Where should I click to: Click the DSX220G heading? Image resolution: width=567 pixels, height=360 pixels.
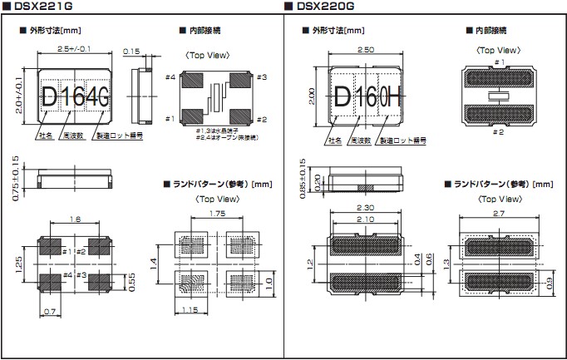point(324,7)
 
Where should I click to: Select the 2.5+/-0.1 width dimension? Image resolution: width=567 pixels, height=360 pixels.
point(75,50)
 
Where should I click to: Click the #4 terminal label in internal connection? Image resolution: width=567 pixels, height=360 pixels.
point(170,77)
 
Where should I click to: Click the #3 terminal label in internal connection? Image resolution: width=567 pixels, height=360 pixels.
point(260,77)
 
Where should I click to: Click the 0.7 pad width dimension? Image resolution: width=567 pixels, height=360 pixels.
point(50,311)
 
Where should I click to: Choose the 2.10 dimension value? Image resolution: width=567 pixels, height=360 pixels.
point(366,219)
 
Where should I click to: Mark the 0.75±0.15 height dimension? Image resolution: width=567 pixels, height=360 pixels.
point(16,175)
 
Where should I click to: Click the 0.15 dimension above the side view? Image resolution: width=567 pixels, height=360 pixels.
point(131,52)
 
